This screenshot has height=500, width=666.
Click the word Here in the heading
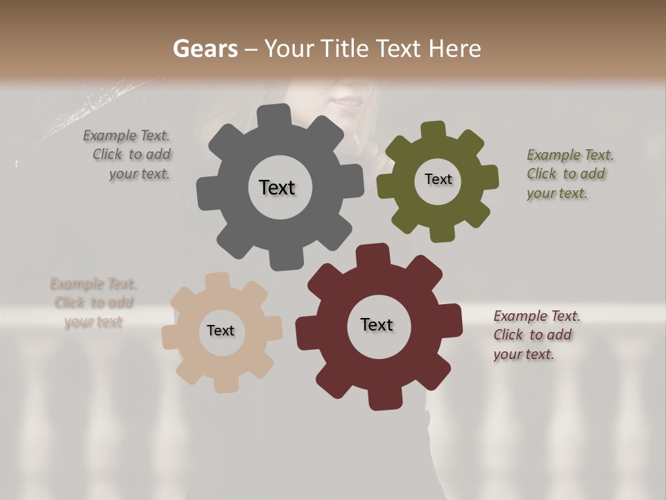(x=454, y=49)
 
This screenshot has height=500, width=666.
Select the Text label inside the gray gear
(x=277, y=187)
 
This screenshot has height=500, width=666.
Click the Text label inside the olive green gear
(x=438, y=179)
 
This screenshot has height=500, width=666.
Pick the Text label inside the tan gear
(x=221, y=331)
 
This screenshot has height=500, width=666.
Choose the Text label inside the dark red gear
(x=377, y=324)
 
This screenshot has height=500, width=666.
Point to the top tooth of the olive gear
(x=433, y=130)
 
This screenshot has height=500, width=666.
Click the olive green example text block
(x=570, y=174)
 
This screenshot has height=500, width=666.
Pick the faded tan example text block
(x=93, y=303)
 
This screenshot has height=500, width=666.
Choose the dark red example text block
(x=536, y=335)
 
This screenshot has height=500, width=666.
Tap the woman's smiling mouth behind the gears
(x=345, y=104)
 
